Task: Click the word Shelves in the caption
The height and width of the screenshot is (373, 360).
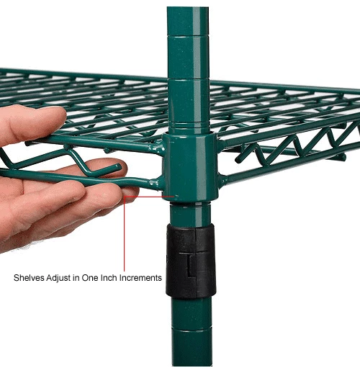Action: pyautogui.click(x=30, y=277)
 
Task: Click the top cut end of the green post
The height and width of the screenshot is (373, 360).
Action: pyautogui.click(x=188, y=10)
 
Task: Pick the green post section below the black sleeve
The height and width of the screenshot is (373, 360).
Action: pyautogui.click(x=192, y=331)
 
